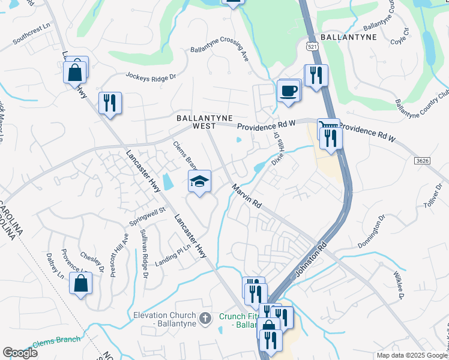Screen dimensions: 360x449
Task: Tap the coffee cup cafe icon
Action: coord(288,91)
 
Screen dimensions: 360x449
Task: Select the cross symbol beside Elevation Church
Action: coord(205,318)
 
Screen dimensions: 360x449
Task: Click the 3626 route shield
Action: coord(422,161)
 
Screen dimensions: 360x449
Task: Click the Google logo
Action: coord(20,353)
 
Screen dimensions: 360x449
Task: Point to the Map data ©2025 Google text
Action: coord(412,355)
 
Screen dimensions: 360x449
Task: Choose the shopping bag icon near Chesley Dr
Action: coord(81,284)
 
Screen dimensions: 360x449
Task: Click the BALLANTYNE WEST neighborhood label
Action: coord(204,122)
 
